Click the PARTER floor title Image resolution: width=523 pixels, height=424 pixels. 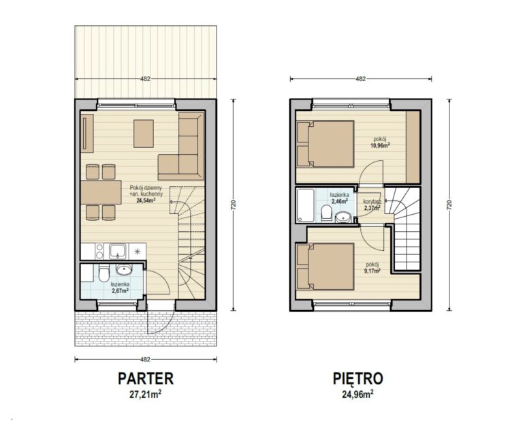(146, 378)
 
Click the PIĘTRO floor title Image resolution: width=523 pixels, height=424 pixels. (358, 378)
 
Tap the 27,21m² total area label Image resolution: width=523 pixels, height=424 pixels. (146, 395)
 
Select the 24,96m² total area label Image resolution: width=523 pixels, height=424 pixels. (358, 395)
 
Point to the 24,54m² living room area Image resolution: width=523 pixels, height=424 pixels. (146, 200)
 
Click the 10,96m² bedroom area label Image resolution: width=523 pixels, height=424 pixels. (381, 145)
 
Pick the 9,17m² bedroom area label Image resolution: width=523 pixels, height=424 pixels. (373, 271)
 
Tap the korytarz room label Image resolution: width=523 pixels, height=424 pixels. (372, 202)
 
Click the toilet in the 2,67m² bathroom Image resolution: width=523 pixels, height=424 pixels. (104, 273)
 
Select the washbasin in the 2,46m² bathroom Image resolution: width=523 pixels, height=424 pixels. (343, 217)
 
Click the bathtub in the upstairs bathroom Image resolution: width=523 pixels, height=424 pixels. (306, 205)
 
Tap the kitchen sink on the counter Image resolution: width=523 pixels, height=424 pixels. (118, 252)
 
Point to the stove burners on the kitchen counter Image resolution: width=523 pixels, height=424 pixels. (99, 252)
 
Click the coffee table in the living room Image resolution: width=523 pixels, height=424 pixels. (144, 134)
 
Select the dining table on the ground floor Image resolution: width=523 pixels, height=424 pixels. (101, 192)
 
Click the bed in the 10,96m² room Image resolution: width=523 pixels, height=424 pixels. (326, 144)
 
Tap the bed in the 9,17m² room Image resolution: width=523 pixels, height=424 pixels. (326, 267)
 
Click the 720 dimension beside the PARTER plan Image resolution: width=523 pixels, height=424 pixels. (234, 205)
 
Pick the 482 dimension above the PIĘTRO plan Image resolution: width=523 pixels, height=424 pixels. (361, 79)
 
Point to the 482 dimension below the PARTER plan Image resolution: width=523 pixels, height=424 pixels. (146, 359)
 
